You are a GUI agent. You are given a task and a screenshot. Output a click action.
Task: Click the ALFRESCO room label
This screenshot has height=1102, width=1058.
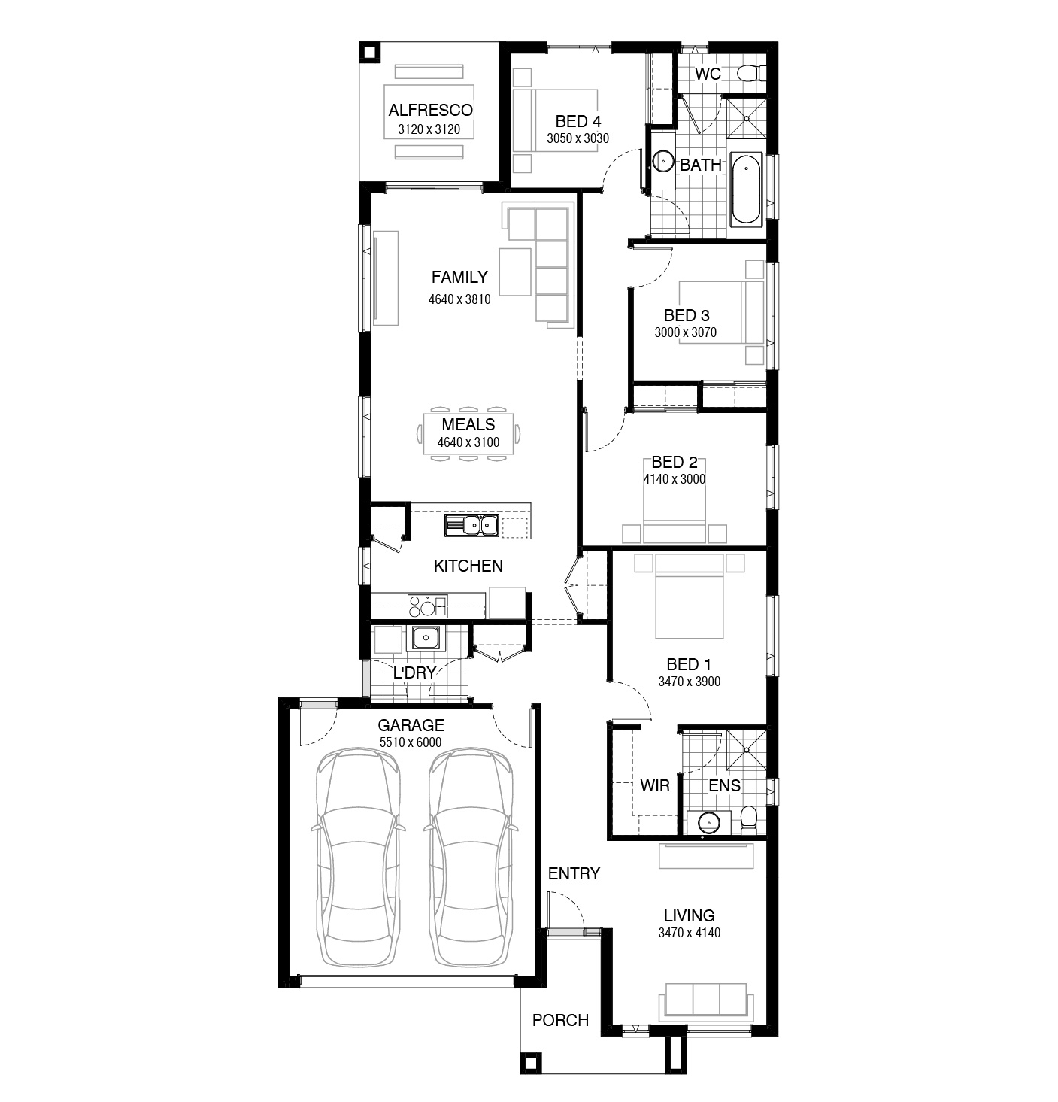[430, 110]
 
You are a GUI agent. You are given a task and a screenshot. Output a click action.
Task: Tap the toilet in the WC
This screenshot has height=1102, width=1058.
[751, 73]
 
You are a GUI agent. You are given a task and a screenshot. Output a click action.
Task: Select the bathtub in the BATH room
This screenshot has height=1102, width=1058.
[745, 188]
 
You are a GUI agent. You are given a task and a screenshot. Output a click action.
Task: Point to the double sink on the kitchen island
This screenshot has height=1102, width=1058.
[471, 525]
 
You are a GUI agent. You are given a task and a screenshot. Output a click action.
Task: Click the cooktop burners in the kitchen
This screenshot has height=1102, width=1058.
[427, 606]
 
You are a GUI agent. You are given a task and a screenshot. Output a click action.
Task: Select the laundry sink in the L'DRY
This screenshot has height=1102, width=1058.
[426, 638]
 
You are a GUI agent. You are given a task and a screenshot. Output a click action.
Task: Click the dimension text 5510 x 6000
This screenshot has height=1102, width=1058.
[411, 742]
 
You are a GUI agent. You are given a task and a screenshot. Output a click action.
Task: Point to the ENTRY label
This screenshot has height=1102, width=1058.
[574, 873]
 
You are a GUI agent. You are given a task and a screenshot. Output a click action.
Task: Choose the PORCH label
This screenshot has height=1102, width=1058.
[560, 1020]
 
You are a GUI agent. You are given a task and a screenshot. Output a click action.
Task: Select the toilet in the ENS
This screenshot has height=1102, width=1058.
[748, 820]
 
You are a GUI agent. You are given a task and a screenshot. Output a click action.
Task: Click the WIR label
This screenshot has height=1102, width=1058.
[655, 785]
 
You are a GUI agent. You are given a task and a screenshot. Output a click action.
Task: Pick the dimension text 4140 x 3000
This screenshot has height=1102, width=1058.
[675, 479]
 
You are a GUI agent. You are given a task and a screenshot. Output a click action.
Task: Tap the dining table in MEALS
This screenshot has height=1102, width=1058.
[468, 434]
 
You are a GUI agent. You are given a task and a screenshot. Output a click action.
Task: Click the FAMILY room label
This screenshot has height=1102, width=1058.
[459, 277]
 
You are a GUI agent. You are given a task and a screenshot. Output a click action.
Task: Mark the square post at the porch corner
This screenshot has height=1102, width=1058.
[531, 1063]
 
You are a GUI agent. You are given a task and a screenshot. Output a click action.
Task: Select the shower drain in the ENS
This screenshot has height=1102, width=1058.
[747, 750]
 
